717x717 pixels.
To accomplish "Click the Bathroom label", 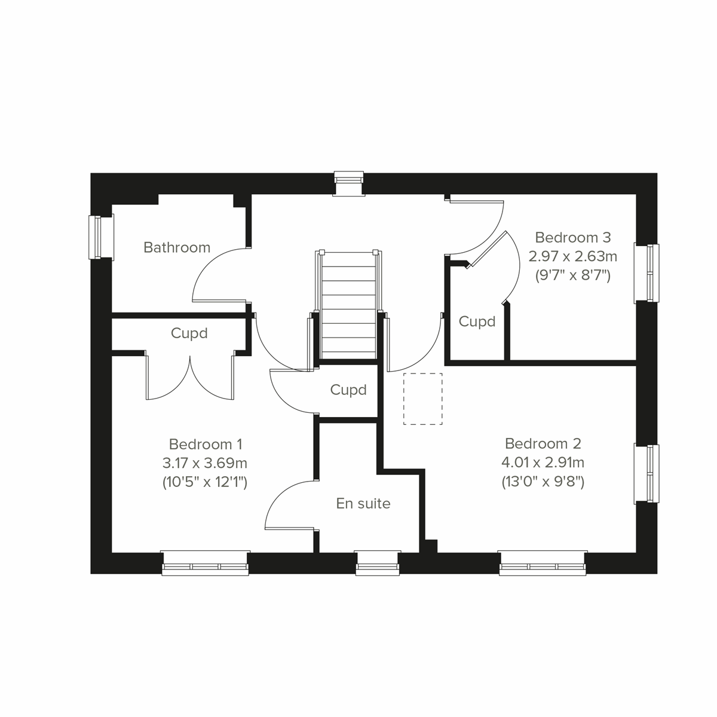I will pos(177,247).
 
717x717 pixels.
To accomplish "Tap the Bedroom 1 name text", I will pos(205,445).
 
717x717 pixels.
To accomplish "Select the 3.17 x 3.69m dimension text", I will pos(205,463).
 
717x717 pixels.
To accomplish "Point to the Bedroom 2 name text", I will pos(543,444).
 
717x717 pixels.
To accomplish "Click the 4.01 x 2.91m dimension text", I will pos(543,462).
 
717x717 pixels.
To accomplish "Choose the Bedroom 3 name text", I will pos(572,238).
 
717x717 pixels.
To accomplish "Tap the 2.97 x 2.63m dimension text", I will pos(572,257).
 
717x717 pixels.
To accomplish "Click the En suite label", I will pos(363,504).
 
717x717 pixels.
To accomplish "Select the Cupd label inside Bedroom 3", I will pos(477,322).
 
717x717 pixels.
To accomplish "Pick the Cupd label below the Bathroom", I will pos(189,333).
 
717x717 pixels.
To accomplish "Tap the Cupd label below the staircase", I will pos(348,390).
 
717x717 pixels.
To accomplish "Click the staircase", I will pos(349,305).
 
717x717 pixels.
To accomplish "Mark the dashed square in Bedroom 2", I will pos(423,399).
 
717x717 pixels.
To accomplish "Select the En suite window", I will pos(378,563).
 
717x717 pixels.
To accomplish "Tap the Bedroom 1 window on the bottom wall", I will pos(206,563).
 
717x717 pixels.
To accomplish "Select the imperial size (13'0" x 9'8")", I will pos(543,482).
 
